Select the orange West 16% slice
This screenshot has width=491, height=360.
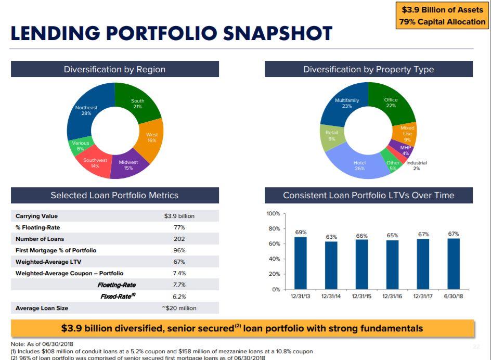pyautogui.click(x=151, y=137)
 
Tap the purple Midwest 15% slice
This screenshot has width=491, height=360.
pyautogui.click(x=127, y=164)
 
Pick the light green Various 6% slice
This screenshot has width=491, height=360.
pyautogui.click(x=81, y=146)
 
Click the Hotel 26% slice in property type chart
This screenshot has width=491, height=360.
pyautogui.click(x=359, y=165)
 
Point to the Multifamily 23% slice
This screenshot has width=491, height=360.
pyautogui.click(x=347, y=103)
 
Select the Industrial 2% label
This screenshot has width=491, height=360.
pyautogui.click(x=416, y=165)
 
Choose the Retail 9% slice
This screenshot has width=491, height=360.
pyautogui.click(x=331, y=135)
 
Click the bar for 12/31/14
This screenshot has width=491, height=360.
pyautogui.click(x=331, y=265)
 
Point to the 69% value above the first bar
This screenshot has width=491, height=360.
pyautogui.click(x=301, y=232)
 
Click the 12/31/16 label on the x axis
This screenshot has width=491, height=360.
pyautogui.click(x=392, y=296)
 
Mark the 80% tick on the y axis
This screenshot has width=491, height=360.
pyautogui.click(x=274, y=228)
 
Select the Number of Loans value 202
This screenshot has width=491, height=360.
pyautogui.click(x=179, y=239)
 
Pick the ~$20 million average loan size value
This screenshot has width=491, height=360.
pyautogui.click(x=179, y=308)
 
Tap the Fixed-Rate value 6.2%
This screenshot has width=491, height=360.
pyautogui.click(x=179, y=296)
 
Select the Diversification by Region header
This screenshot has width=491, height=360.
pyautogui.click(x=114, y=69)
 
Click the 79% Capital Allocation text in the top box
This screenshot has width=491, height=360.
pyautogui.click(x=442, y=22)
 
